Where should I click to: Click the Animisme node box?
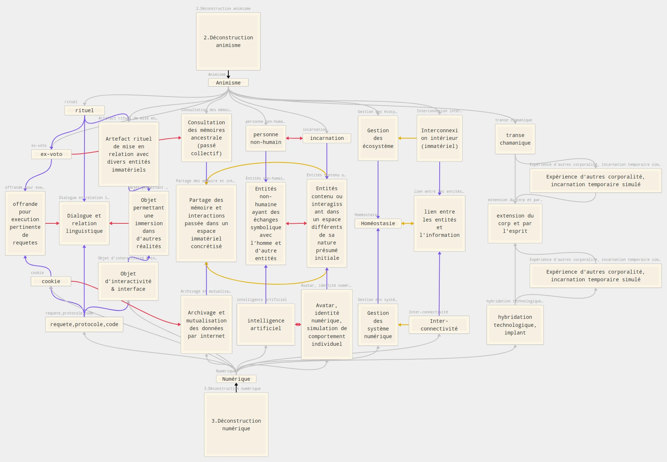click(228, 83)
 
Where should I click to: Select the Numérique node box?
click(236, 379)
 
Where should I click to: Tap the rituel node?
click(85, 110)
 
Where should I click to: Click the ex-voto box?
click(51, 154)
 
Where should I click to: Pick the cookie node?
click(51, 281)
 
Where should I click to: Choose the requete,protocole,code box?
click(84, 324)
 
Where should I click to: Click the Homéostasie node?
click(378, 223)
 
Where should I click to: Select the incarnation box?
click(327, 138)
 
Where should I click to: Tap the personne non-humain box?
click(266, 138)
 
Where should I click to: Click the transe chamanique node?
click(515, 139)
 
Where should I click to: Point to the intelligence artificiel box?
click(266, 324)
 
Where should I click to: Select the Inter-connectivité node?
click(439, 325)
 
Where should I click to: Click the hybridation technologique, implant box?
click(515, 325)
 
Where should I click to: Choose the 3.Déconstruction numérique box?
click(236, 424)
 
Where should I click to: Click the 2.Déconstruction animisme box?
click(228, 42)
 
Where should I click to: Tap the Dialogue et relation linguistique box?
click(84, 223)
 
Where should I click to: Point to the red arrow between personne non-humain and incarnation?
click(294, 138)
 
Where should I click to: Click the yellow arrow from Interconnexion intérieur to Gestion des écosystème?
click(407, 138)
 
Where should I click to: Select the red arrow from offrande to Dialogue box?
click(52, 223)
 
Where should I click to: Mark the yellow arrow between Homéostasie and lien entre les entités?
click(407, 223)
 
